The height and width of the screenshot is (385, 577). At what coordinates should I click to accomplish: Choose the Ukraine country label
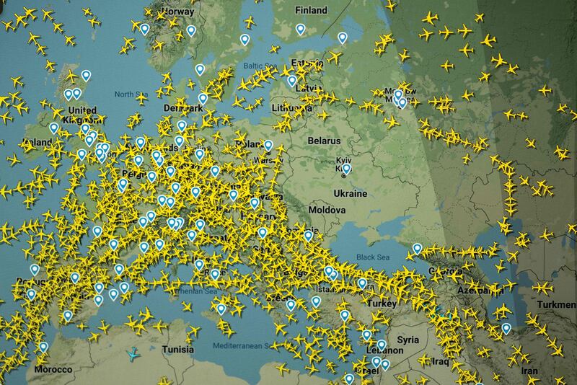351,194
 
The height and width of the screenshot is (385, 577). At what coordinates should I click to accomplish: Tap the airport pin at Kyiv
345,170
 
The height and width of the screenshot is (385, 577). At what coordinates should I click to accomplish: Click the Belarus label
325,139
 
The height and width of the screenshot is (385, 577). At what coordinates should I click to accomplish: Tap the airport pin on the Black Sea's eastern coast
417,249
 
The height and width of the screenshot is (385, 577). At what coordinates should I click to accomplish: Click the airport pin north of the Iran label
506,328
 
